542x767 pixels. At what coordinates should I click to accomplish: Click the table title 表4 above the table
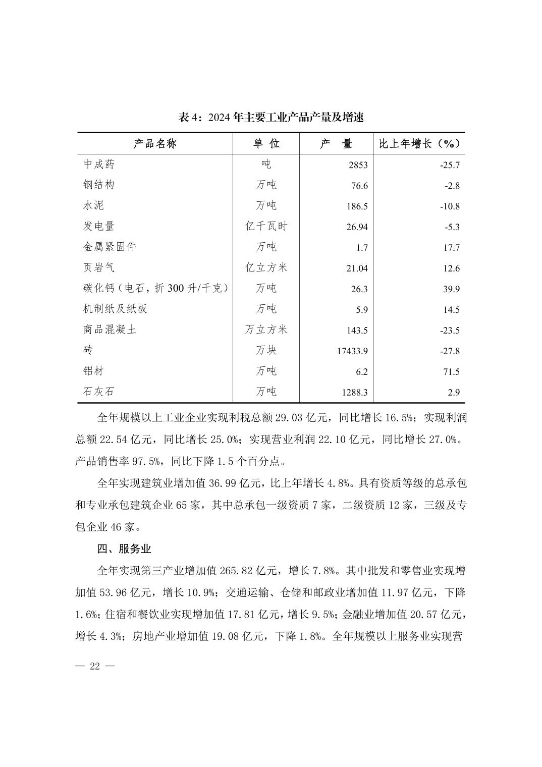271,118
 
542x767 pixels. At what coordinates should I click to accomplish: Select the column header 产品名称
155,144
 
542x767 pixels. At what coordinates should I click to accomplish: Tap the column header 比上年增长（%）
419,144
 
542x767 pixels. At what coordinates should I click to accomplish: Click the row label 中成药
99,165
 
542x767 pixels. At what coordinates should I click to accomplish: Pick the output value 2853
358,165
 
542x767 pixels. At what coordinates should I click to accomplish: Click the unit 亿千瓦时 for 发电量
266,227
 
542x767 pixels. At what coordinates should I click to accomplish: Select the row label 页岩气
99,268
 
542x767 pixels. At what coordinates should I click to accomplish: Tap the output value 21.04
357,268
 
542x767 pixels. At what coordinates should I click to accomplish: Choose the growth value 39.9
452,289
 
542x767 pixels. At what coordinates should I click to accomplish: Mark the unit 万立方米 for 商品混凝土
266,330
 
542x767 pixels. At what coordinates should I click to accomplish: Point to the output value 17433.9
352,351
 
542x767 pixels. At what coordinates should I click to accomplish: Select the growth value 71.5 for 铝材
452,372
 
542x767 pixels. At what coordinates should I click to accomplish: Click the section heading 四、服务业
124,549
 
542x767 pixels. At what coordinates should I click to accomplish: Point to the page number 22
95,666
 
